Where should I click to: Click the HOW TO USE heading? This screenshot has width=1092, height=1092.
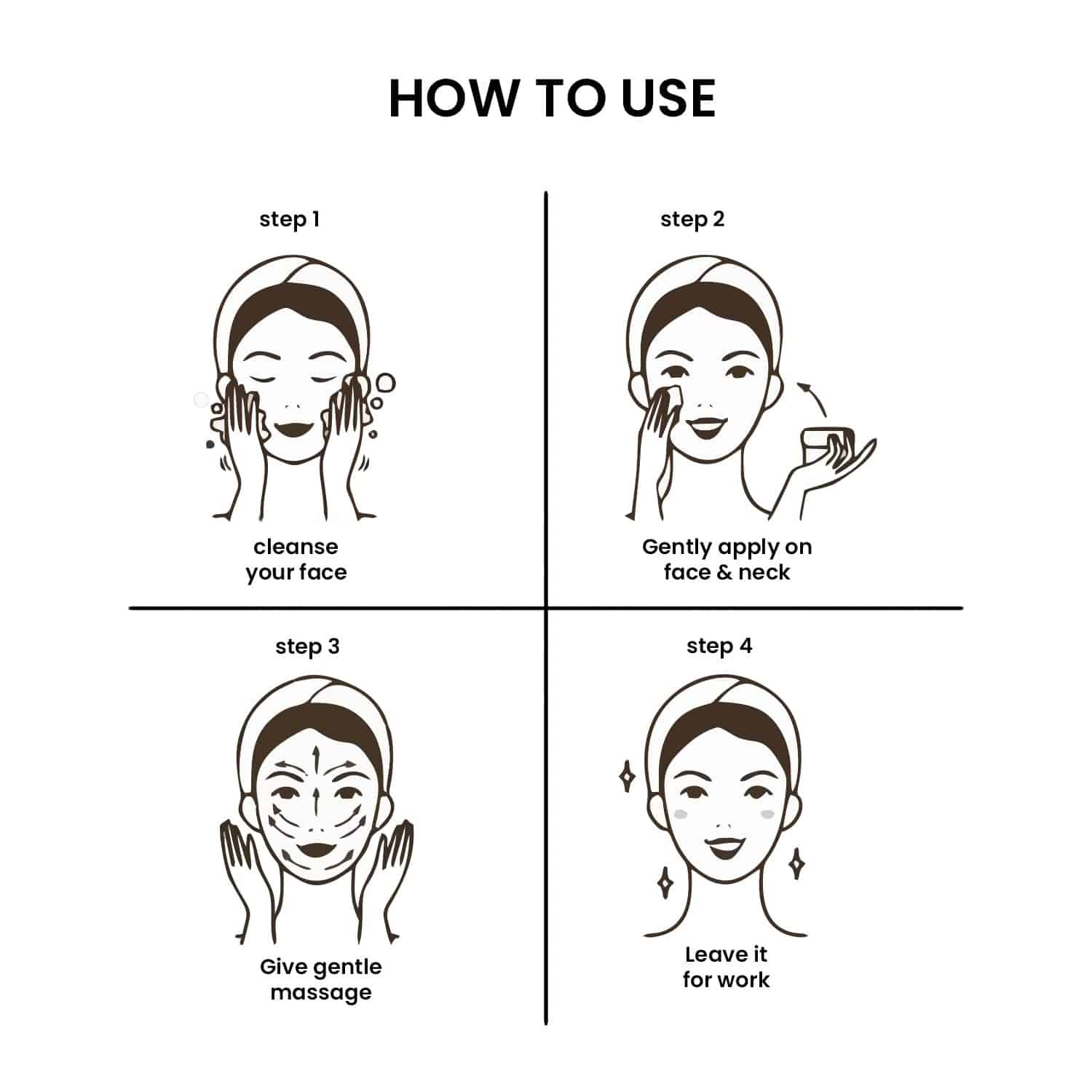click(553, 98)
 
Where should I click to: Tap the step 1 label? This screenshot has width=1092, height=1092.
click(290, 220)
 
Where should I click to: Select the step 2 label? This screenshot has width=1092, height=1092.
click(692, 220)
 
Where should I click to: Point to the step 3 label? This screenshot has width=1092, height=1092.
click(307, 647)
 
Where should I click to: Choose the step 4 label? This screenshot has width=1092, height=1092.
click(719, 646)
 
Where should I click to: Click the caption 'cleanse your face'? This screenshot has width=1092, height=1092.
click(296, 560)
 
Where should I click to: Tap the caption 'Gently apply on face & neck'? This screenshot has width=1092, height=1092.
click(727, 560)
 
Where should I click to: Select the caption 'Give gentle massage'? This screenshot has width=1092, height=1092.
click(320, 980)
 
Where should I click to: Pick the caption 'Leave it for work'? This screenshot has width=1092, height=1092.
click(726, 967)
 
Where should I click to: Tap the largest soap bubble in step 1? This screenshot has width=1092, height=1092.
click(385, 383)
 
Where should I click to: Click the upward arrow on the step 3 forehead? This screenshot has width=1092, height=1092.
click(315, 761)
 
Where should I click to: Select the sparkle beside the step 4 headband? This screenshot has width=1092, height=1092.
click(626, 777)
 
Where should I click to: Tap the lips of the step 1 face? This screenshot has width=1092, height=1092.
click(296, 429)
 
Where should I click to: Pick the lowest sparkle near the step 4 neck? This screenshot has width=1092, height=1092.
click(665, 882)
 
